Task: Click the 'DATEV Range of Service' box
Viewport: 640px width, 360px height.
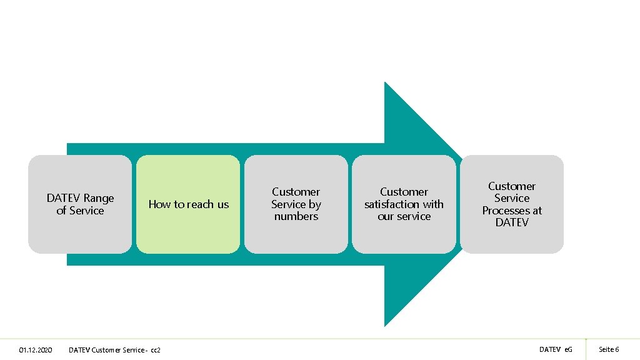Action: click(80, 204)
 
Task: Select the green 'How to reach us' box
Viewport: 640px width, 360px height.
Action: click(188, 204)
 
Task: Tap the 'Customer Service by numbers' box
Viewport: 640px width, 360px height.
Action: click(296, 204)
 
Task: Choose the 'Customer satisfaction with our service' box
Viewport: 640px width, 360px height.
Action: click(404, 204)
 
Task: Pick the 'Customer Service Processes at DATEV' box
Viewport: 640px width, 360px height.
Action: click(512, 204)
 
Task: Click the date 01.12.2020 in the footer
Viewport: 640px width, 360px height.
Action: click(36, 349)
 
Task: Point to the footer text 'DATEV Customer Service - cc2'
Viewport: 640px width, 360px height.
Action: click(114, 349)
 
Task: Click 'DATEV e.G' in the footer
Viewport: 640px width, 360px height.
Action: click(556, 349)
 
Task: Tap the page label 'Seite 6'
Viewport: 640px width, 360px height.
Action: click(609, 349)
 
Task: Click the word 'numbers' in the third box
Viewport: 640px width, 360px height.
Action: click(296, 216)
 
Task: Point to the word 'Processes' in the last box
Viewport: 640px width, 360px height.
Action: click(503, 211)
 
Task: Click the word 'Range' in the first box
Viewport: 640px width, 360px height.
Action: click(99, 198)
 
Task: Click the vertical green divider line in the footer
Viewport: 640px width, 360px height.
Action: click(586, 349)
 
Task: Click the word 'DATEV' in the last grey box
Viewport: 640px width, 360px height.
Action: click(512, 222)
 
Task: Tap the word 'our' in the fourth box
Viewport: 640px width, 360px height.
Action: click(386, 216)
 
